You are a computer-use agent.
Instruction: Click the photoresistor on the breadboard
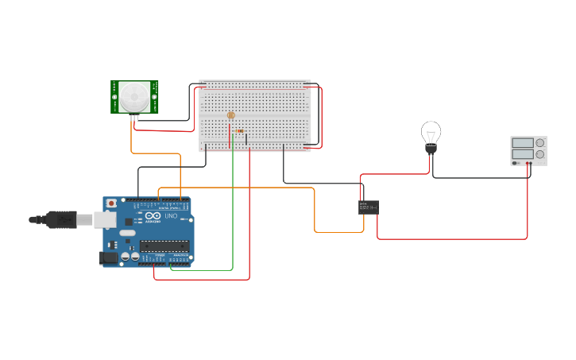231,116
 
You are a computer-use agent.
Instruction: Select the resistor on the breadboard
240,131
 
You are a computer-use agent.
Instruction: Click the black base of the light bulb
431,149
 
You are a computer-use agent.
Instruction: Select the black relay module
369,207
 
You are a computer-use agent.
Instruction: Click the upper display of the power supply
523,143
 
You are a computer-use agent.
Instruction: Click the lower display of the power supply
523,154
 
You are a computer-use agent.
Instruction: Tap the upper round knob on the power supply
540,143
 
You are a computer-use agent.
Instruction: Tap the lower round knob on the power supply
540,154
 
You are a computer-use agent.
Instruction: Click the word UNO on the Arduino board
171,215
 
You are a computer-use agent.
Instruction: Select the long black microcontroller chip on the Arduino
164,245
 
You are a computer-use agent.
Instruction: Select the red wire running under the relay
453,238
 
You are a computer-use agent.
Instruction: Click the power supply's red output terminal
528,163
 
